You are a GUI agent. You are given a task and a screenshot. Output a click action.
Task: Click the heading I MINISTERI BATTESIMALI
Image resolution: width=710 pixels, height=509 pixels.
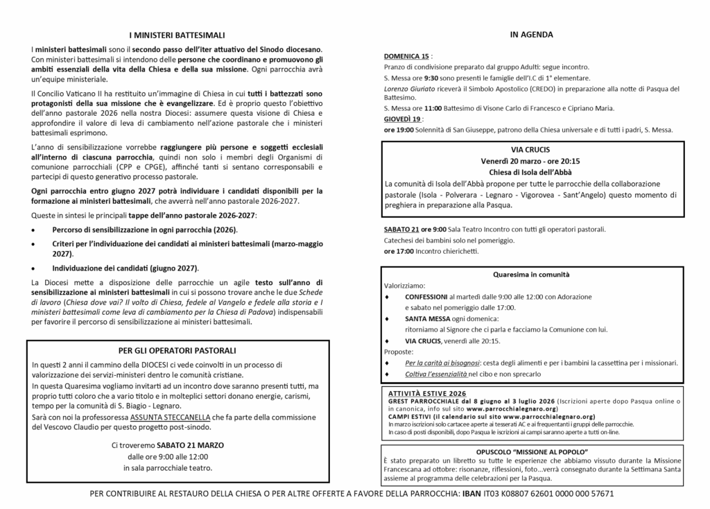tap(177, 35)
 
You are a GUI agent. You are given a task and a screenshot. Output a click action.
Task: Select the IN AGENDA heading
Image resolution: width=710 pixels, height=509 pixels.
tap(532, 34)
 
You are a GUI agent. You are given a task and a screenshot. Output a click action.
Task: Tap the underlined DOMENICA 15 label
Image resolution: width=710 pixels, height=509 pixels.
tap(406, 55)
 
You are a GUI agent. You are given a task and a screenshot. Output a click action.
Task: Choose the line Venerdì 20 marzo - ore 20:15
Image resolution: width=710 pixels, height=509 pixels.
tap(532, 161)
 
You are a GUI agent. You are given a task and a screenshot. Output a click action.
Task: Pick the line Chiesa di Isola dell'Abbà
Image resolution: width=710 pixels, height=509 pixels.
tap(532, 172)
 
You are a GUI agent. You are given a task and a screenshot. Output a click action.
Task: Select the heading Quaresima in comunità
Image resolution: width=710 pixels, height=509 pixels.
tap(532, 274)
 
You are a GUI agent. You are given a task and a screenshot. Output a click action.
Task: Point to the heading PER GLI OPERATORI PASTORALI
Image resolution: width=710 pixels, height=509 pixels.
tap(177, 350)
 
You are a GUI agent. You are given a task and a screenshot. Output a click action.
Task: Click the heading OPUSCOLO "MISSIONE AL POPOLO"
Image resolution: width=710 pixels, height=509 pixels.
tap(532, 452)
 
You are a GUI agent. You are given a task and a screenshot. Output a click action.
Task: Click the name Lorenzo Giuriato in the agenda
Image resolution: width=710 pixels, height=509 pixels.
tap(409, 89)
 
